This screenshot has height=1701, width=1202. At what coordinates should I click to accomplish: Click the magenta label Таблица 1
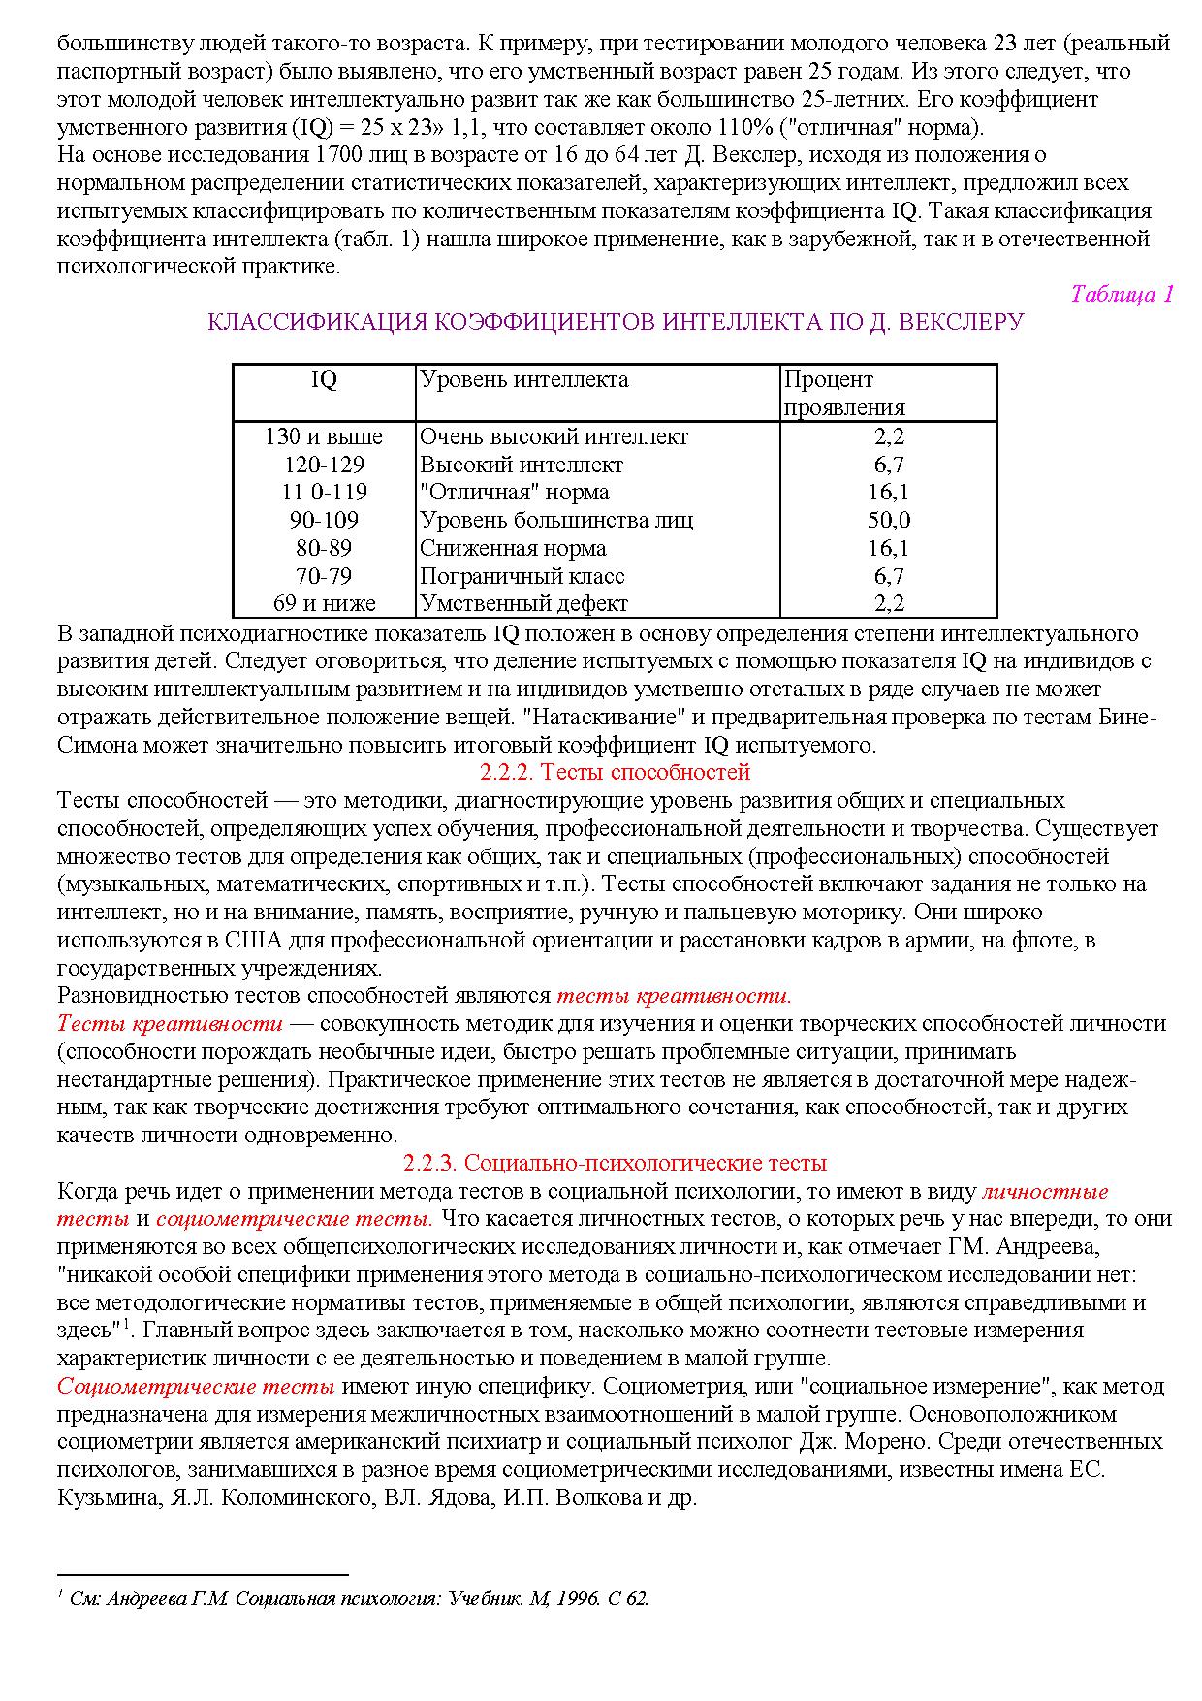point(1122,294)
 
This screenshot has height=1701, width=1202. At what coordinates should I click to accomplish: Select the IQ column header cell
point(324,380)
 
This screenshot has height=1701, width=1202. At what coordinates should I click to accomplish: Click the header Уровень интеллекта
point(523,380)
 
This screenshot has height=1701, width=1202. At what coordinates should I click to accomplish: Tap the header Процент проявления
point(843,393)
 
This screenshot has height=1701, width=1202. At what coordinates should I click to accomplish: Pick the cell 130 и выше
point(324,436)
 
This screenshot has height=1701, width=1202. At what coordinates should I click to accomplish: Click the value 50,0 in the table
point(888,520)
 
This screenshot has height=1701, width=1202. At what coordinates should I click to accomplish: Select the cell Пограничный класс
point(522,576)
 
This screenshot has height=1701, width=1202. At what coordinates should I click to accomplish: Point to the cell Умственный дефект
point(523,603)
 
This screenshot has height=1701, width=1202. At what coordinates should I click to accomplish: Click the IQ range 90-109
point(324,520)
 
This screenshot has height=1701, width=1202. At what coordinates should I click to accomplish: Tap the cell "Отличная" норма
point(514,492)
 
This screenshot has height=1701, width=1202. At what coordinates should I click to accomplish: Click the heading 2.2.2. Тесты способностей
point(615,772)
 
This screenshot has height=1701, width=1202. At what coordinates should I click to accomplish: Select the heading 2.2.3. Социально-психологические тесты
point(615,1162)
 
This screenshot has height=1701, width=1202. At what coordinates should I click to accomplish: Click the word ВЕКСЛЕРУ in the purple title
point(961,322)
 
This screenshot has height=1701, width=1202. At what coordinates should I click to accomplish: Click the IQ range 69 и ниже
point(324,603)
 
